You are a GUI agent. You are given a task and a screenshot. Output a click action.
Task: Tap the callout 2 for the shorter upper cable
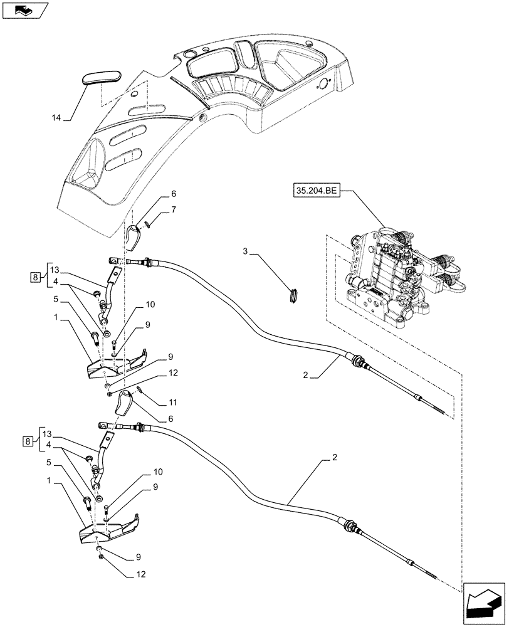(x=306, y=375)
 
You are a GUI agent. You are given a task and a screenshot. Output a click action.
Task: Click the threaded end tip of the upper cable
(x=441, y=411)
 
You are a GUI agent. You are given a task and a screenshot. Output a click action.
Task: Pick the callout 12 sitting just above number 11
(x=174, y=372)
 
